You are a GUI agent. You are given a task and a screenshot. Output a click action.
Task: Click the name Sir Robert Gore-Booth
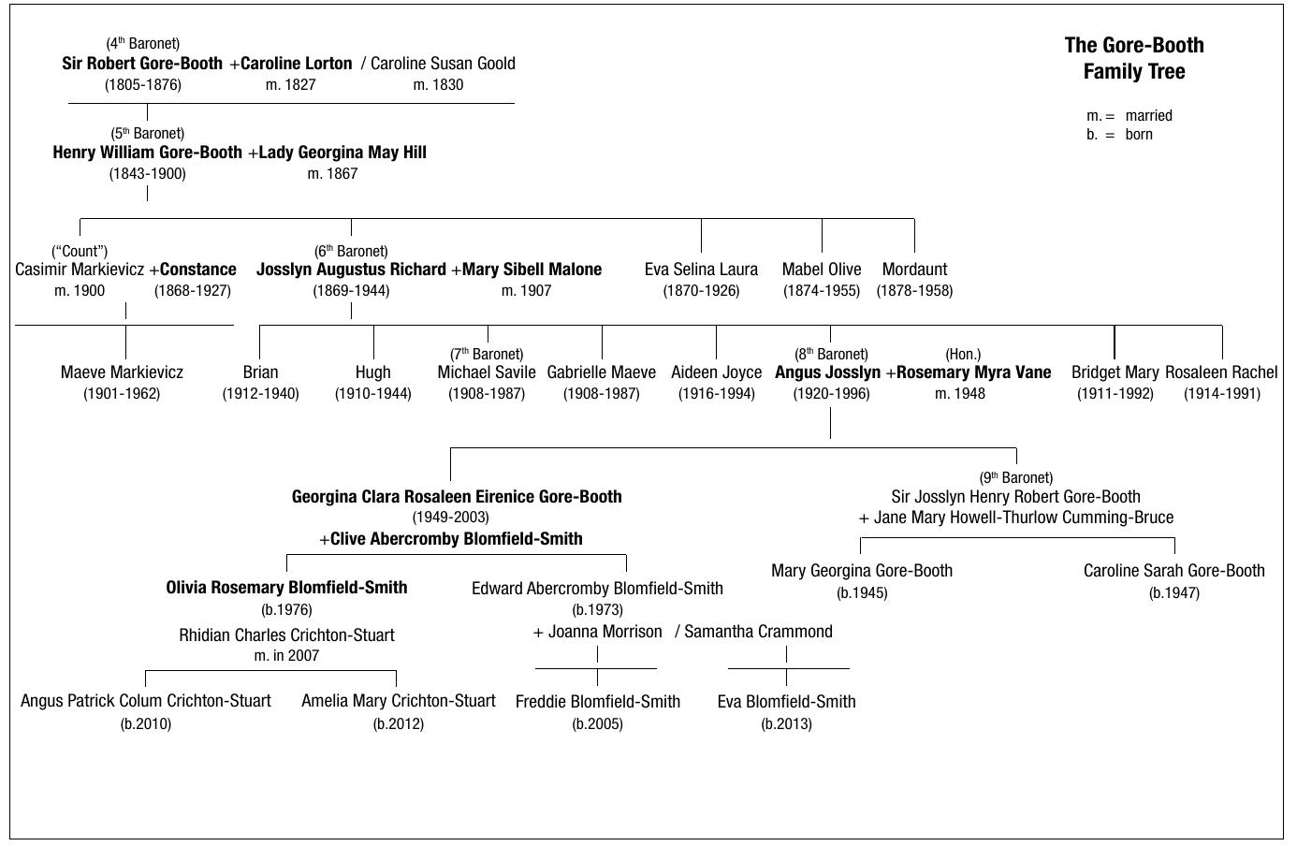[x=142, y=64]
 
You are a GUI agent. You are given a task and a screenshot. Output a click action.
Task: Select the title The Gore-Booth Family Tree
[x=1134, y=58]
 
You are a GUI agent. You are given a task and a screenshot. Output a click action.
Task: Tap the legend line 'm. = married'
[x=1129, y=116]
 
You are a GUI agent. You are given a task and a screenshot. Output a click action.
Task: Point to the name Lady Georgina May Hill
[x=342, y=153]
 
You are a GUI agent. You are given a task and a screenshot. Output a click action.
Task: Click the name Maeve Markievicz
[x=122, y=372]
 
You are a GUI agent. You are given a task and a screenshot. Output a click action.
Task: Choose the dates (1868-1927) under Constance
[x=193, y=290]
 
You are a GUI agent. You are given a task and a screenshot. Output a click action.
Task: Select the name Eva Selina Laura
[x=701, y=270]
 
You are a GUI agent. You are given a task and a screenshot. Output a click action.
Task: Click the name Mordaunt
[x=914, y=270]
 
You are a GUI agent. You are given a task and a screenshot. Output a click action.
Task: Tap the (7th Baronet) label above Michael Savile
[x=487, y=354]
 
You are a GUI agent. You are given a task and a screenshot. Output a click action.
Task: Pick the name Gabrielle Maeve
[x=602, y=372]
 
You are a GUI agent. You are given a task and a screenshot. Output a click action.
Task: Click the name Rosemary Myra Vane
[x=973, y=372]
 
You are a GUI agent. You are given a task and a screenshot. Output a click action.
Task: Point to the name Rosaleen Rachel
[x=1221, y=372]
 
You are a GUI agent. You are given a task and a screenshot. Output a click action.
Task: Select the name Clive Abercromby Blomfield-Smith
[x=456, y=539]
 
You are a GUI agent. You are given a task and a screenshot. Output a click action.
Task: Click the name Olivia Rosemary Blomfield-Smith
[x=286, y=588]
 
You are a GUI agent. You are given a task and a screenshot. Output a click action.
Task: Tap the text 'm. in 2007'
[x=286, y=656]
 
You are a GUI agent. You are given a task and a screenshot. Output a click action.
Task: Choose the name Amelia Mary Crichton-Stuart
[x=399, y=701]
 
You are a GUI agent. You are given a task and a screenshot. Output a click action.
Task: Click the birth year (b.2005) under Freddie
[x=597, y=723]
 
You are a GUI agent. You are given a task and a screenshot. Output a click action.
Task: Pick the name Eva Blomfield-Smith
[x=786, y=702]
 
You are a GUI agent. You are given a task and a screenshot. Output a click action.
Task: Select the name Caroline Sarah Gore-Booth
[x=1173, y=571]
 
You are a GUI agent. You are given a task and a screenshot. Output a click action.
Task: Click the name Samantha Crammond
[x=758, y=632]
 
